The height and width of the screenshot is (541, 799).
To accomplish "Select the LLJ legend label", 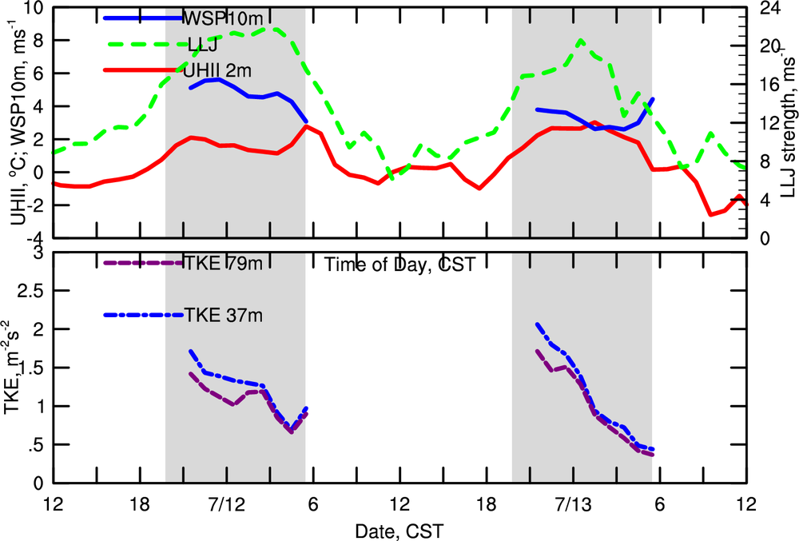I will [x=201, y=45].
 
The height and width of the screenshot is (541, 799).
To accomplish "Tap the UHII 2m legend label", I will [x=217, y=70].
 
